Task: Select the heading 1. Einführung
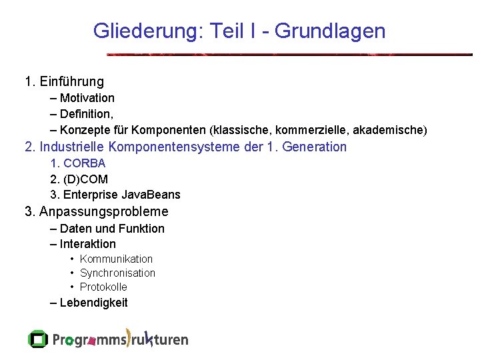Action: pyautogui.click(x=64, y=82)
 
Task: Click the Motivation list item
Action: pyautogui.click(x=87, y=98)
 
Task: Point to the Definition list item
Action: pyautogui.click(x=86, y=114)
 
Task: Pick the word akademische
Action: pyautogui.click(x=391, y=129)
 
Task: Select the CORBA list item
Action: pyautogui.click(x=84, y=163)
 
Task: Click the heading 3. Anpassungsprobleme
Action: pyautogui.click(x=97, y=212)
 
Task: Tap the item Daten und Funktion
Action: pyautogui.click(x=111, y=229)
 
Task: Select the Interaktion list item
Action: pyautogui.click(x=87, y=244)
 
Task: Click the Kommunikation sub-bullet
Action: pyautogui.click(x=116, y=259)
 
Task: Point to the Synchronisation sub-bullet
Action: pyautogui.click(x=117, y=273)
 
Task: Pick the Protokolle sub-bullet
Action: pyautogui.click(x=103, y=287)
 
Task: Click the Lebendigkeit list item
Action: pyautogui.click(x=93, y=303)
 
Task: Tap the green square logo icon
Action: pyautogui.click(x=38, y=339)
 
